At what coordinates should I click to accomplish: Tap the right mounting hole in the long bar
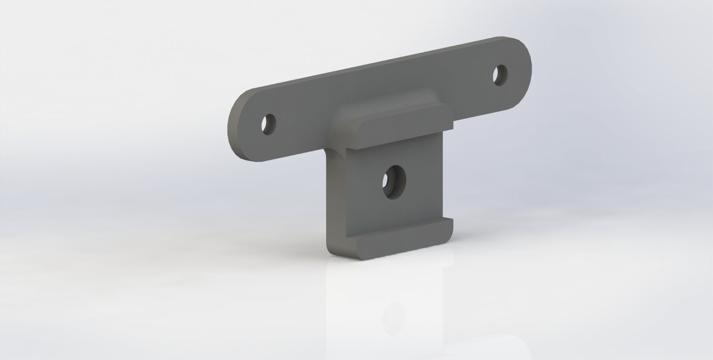500,75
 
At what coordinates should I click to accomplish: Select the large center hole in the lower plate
394,182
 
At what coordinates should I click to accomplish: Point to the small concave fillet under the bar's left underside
330,152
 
